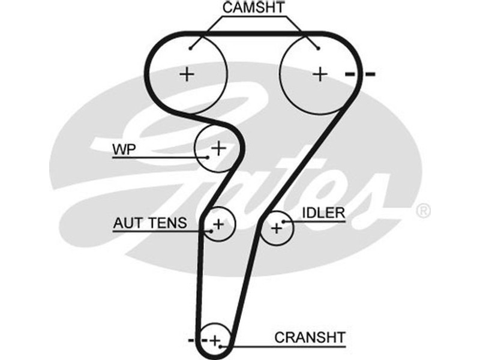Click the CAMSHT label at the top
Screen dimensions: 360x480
pyautogui.click(x=254, y=8)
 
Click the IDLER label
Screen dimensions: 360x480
pyautogui.click(x=323, y=213)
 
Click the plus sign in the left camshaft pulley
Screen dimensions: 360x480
pyautogui.click(x=188, y=74)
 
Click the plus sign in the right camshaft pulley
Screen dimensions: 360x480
pyautogui.click(x=321, y=74)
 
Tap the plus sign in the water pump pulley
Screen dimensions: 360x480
pyautogui.click(x=218, y=147)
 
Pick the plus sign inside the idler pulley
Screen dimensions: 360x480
pyautogui.click(x=276, y=228)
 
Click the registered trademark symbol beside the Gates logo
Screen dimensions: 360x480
pyautogui.click(x=423, y=211)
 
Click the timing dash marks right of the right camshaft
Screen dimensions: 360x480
pyautogui.click(x=360, y=74)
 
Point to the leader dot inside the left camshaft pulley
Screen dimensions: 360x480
pyautogui.click(x=190, y=48)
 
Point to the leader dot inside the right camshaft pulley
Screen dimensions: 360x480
pyautogui.click(x=319, y=48)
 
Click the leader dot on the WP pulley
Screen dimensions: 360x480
pyautogui.click(x=207, y=157)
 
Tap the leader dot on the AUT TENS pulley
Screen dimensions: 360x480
pyautogui.click(x=212, y=230)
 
